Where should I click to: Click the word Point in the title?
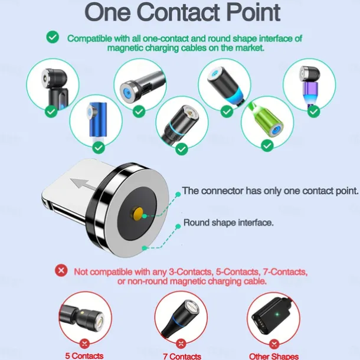[253, 12]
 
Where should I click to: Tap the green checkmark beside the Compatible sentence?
[53, 37]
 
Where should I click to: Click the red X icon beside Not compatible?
[61, 270]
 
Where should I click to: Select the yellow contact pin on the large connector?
[138, 214]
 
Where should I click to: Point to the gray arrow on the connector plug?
[83, 184]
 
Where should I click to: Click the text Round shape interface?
[228, 222]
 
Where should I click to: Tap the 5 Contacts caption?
[84, 356]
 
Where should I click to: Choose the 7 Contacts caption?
[182, 356]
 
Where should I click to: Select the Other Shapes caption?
[274, 356]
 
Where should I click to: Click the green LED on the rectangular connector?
[277, 314]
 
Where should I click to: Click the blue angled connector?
[97, 120]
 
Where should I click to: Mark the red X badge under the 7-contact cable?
[181, 343]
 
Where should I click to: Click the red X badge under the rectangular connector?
[274, 344]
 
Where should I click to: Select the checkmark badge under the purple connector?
[313, 112]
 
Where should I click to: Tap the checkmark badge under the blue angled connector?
[99, 148]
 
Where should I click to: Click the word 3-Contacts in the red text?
[191, 272]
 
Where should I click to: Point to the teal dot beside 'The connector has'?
[178, 195]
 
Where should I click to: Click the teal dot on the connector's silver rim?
[145, 248]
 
